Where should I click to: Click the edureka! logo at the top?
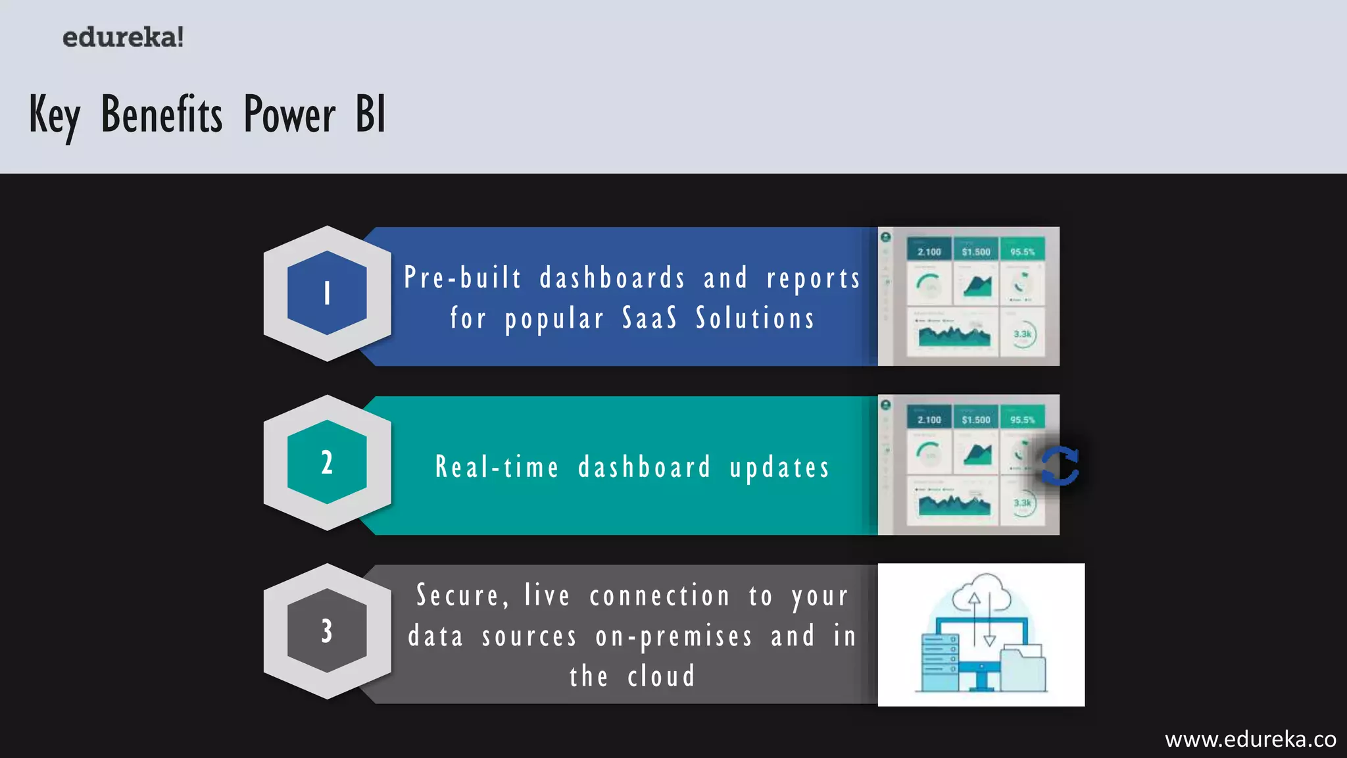click(x=123, y=38)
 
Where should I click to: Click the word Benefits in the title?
click(x=162, y=115)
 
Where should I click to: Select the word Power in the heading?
click(x=289, y=115)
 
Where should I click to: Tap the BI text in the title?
click(x=370, y=114)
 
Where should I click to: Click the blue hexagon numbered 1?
click(x=327, y=293)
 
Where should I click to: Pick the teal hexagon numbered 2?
click(x=327, y=463)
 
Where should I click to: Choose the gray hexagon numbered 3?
click(x=327, y=630)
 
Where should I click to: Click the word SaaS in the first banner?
click(x=650, y=318)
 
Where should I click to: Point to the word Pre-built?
click(x=463, y=278)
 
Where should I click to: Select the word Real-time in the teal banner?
click(x=497, y=467)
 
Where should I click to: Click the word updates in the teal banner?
click(x=779, y=468)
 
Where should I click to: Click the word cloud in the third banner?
click(x=661, y=676)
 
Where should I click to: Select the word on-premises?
click(x=673, y=636)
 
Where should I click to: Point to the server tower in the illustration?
click(x=939, y=661)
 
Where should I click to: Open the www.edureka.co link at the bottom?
click(x=1250, y=740)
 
